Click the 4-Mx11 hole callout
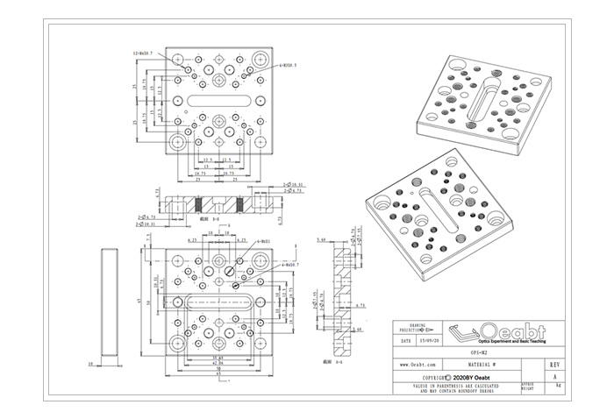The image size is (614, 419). pos(261,241)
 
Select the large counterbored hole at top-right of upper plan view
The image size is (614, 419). pos(261,61)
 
